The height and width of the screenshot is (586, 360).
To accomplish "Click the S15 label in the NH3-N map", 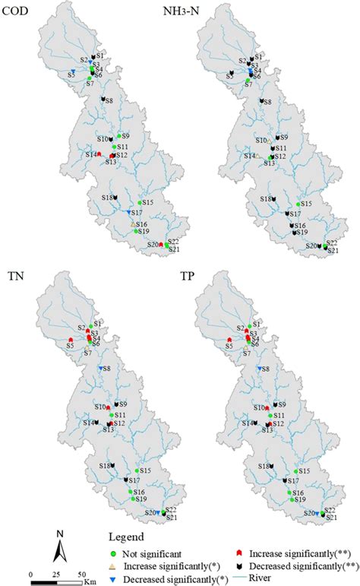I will pos(307,204).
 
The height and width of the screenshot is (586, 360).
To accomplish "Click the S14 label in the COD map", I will pos(90,154).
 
